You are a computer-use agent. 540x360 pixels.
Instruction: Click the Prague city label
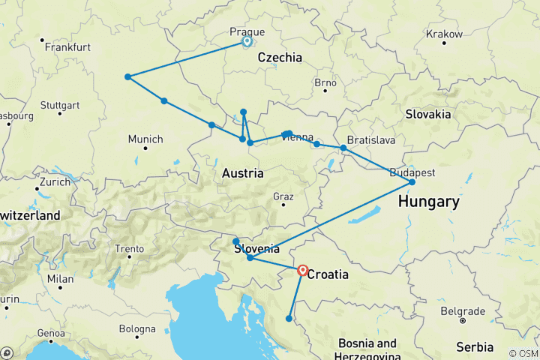(247, 31)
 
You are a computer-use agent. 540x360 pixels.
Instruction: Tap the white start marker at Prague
(247, 42)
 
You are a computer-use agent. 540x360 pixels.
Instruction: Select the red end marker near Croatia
(302, 270)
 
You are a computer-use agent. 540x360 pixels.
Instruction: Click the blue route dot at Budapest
(412, 182)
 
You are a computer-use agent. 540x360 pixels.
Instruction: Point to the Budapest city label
(412, 172)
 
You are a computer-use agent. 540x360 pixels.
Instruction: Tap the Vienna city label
(298, 136)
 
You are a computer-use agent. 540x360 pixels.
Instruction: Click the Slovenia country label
(257, 249)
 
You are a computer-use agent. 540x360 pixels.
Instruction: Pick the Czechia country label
(280, 58)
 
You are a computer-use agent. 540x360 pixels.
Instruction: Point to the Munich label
(145, 139)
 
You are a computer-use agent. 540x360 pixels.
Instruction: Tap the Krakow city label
(444, 34)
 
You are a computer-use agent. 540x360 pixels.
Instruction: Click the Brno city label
(325, 82)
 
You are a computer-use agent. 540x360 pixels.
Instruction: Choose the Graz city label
(283, 196)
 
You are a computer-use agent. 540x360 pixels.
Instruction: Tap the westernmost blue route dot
(128, 76)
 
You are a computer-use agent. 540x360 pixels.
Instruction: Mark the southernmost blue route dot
(289, 319)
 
